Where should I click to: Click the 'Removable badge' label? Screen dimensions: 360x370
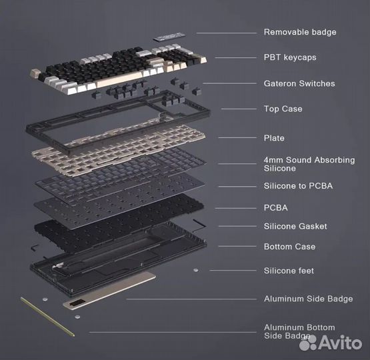click(x=299, y=32)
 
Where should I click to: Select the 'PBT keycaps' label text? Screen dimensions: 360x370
click(x=289, y=57)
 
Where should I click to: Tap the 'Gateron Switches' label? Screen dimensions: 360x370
click(x=299, y=83)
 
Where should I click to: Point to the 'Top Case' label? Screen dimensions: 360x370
click(x=283, y=109)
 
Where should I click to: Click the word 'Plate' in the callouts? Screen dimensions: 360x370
click(x=274, y=138)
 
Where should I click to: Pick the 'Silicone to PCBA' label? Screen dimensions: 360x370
click(x=298, y=185)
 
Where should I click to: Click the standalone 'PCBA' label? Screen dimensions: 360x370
click(x=275, y=207)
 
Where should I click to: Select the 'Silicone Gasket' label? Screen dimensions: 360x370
click(x=295, y=226)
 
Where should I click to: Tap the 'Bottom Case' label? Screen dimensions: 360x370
click(x=289, y=247)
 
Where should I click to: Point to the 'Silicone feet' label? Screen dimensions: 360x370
click(x=289, y=271)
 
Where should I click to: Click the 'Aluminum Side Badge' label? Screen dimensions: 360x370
click(x=308, y=299)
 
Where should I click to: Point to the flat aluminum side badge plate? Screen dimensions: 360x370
click(x=110, y=293)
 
